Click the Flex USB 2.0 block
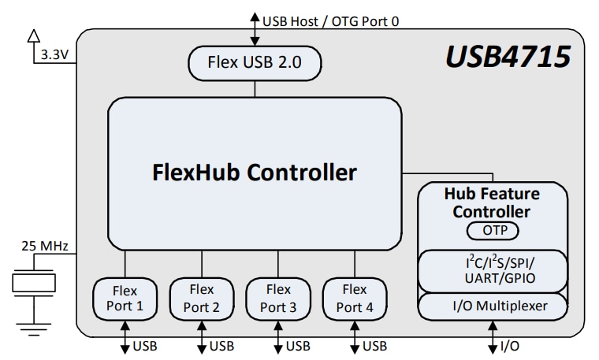(x=254, y=62)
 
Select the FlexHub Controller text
(x=254, y=172)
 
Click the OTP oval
(x=493, y=231)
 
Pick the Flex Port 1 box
(x=124, y=299)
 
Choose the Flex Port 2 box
(x=201, y=299)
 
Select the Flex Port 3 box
(x=277, y=299)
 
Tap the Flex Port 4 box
(x=354, y=299)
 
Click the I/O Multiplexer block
(x=493, y=305)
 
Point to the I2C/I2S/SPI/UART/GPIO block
(x=493, y=270)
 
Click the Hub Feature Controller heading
(x=493, y=202)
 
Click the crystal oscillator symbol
(x=32, y=282)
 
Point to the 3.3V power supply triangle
(x=32, y=35)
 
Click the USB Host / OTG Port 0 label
(x=331, y=20)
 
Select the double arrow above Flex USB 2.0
(x=254, y=27)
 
